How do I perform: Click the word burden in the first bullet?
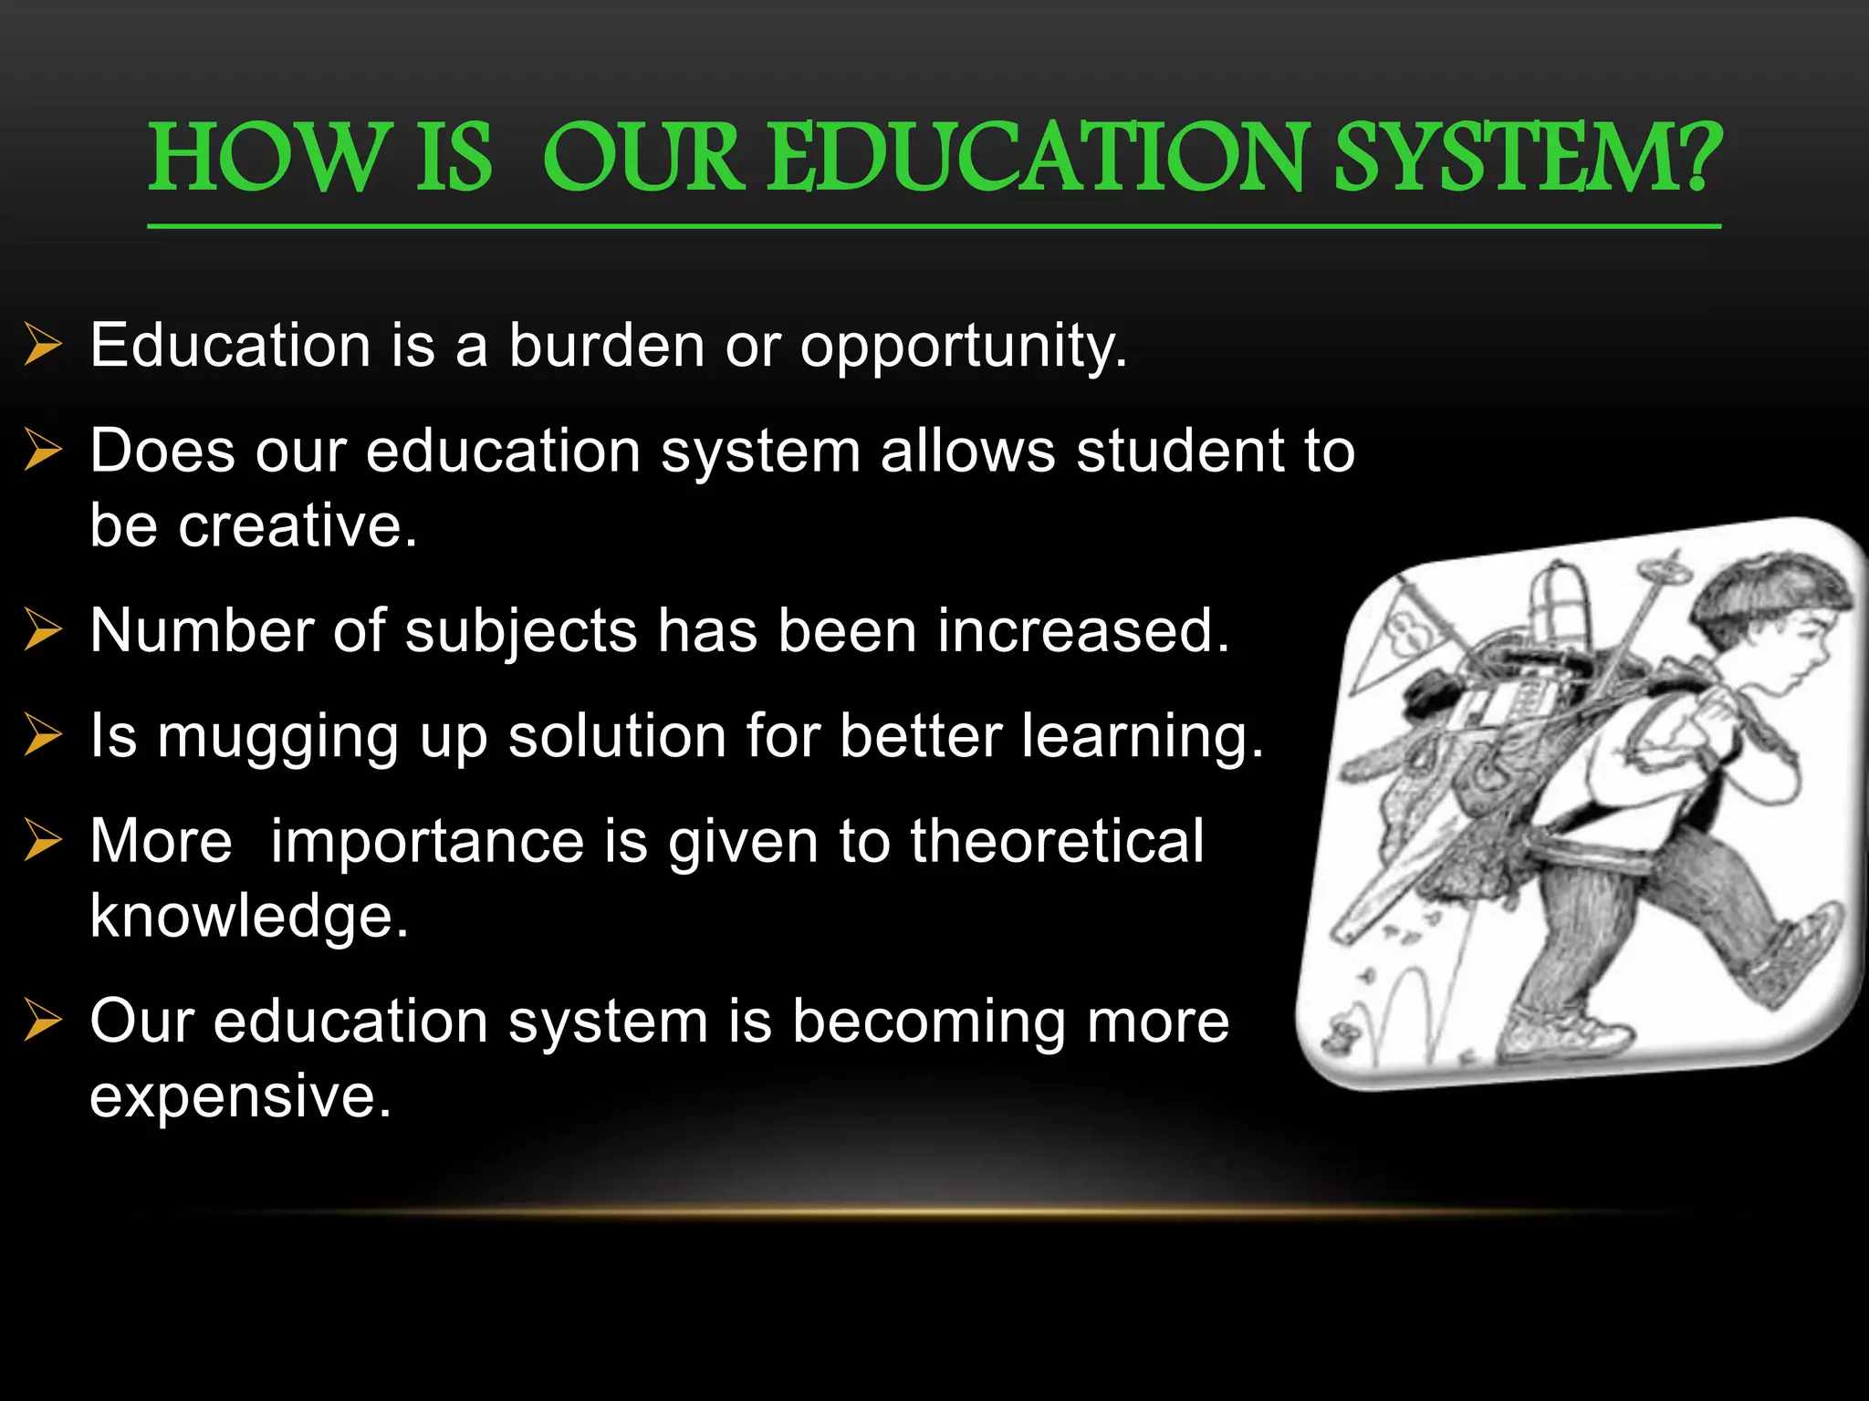pyautogui.click(x=606, y=346)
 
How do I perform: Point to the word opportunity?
pyautogui.click(x=963, y=348)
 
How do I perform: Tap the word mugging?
pyautogui.click(x=277, y=737)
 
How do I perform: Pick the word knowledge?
pyautogui.click(x=248, y=916)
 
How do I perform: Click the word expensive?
pyautogui.click(x=240, y=1095)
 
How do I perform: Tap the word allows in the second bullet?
pyautogui.click(x=967, y=451)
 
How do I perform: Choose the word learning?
pyautogui.click(x=1142, y=737)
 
